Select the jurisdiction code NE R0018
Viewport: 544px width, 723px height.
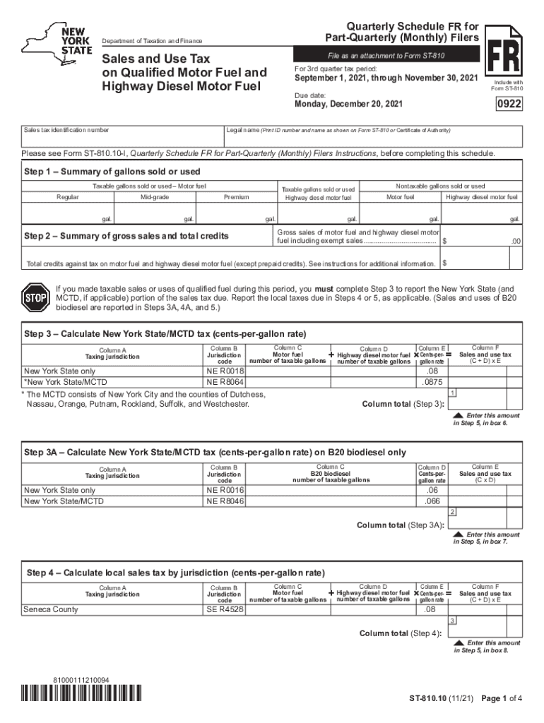point(225,371)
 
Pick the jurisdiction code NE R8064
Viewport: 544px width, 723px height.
point(225,381)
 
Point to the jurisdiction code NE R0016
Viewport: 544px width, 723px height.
point(225,490)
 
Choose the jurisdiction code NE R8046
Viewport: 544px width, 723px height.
point(225,501)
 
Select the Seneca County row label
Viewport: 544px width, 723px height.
point(51,609)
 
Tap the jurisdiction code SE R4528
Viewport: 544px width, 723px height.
point(225,609)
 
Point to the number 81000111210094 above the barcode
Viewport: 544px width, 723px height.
point(81,680)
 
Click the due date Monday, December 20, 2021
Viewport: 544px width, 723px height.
point(348,105)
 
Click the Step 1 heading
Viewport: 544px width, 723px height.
point(112,172)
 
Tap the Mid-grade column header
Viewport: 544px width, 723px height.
point(155,197)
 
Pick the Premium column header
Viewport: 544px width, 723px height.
point(236,197)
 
